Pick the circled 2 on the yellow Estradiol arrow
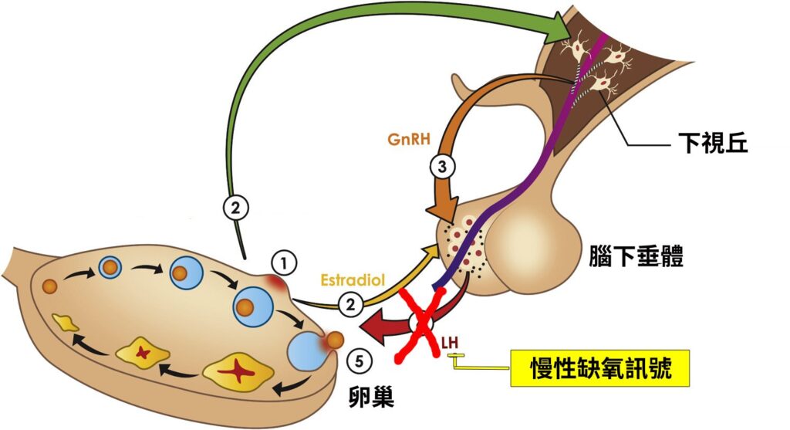point(352,305)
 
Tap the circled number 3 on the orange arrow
point(442,165)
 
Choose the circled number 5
point(358,360)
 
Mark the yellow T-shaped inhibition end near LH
point(454,356)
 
